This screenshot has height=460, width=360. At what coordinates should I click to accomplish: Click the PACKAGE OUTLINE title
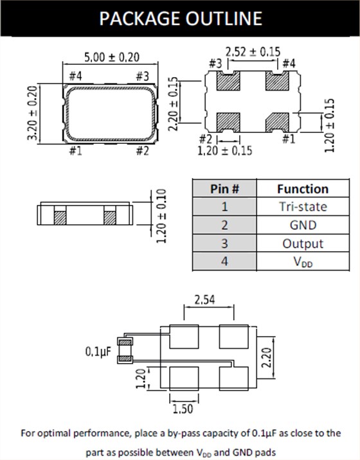(x=180, y=18)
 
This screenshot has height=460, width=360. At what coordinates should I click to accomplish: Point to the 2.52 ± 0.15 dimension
(x=251, y=51)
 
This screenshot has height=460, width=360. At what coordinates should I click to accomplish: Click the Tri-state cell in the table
(x=302, y=207)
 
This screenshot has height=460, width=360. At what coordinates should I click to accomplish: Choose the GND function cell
(x=302, y=226)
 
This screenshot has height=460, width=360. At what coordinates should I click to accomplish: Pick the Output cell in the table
(x=302, y=243)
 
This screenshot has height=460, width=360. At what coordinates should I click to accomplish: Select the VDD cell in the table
(x=302, y=262)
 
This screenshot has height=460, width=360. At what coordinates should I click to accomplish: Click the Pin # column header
(x=225, y=189)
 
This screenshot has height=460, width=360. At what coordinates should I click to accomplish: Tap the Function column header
(x=302, y=189)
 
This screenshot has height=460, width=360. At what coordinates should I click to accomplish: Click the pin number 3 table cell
(x=225, y=243)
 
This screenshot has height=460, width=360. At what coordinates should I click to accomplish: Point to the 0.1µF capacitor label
(x=99, y=352)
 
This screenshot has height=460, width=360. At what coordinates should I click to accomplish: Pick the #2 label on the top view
(x=143, y=151)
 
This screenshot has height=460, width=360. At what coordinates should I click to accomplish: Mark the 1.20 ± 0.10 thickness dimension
(x=161, y=215)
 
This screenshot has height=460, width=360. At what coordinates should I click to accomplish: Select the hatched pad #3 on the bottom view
(x=228, y=82)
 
